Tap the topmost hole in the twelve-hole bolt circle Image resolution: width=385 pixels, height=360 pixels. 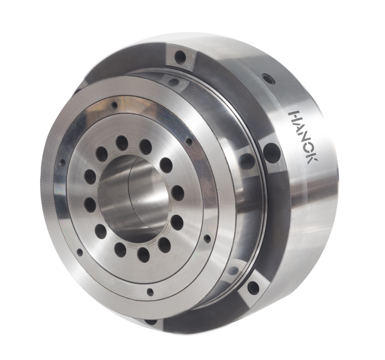(122, 143)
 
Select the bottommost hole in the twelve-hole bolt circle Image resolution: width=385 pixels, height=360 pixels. (143, 254)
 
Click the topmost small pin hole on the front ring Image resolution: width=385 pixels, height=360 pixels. (114, 105)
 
